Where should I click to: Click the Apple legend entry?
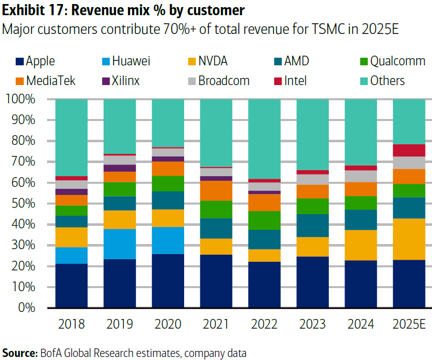point(35,62)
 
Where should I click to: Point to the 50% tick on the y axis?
point(20,204)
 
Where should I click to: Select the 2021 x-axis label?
point(216,324)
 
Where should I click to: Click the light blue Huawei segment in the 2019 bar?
point(120,244)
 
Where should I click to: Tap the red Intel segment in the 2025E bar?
point(409,150)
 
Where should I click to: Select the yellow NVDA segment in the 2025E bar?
point(409,239)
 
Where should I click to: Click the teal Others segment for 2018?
point(71,137)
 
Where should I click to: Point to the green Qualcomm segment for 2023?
point(312,206)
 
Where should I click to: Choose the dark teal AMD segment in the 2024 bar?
point(361,220)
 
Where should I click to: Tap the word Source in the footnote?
point(19,352)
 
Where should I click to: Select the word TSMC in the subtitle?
point(334,29)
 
